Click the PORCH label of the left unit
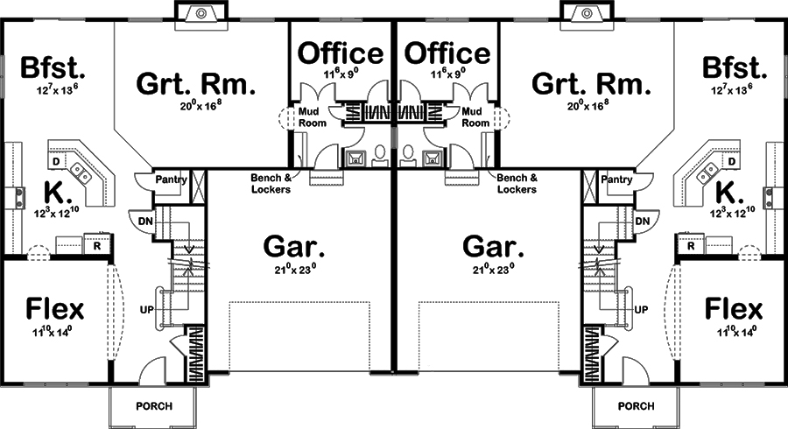tap(153, 406)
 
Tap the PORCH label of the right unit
tap(636, 406)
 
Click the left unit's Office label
tap(341, 53)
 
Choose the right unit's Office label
tap(448, 53)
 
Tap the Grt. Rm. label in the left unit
tap(196, 85)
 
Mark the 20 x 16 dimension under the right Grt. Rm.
tap(591, 105)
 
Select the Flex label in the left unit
tap(54, 309)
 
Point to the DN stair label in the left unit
tap(144, 222)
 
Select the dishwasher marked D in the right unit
tap(732, 162)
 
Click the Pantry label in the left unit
tap(171, 179)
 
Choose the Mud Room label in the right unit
tap(475, 117)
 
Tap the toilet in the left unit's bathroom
tap(379, 156)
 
